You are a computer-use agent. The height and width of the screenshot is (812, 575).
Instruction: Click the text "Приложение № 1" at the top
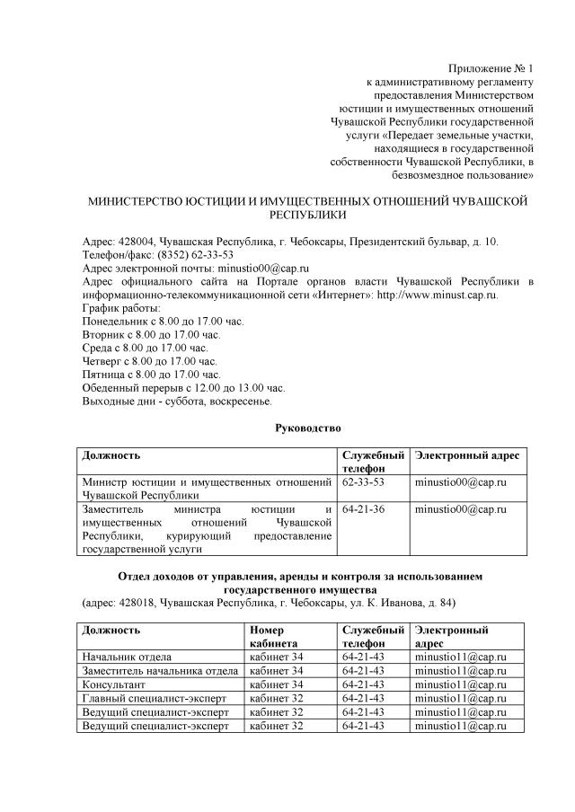coord(491,68)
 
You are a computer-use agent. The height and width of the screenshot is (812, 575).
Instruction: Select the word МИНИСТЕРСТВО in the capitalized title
coord(132,202)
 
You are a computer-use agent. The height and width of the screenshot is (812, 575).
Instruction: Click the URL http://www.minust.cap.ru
coord(437,295)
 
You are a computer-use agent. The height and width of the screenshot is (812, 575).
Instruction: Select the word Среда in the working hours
coord(97,348)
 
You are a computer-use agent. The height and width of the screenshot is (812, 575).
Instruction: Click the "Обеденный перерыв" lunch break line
coord(182,387)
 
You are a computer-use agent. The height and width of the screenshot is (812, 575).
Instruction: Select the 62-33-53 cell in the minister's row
coord(364,482)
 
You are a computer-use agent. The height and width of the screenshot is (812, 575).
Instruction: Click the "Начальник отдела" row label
coord(127,658)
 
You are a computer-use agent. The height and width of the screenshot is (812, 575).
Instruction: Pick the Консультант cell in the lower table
coord(114,684)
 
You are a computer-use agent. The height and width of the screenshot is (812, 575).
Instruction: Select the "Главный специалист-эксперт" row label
coord(155,698)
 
